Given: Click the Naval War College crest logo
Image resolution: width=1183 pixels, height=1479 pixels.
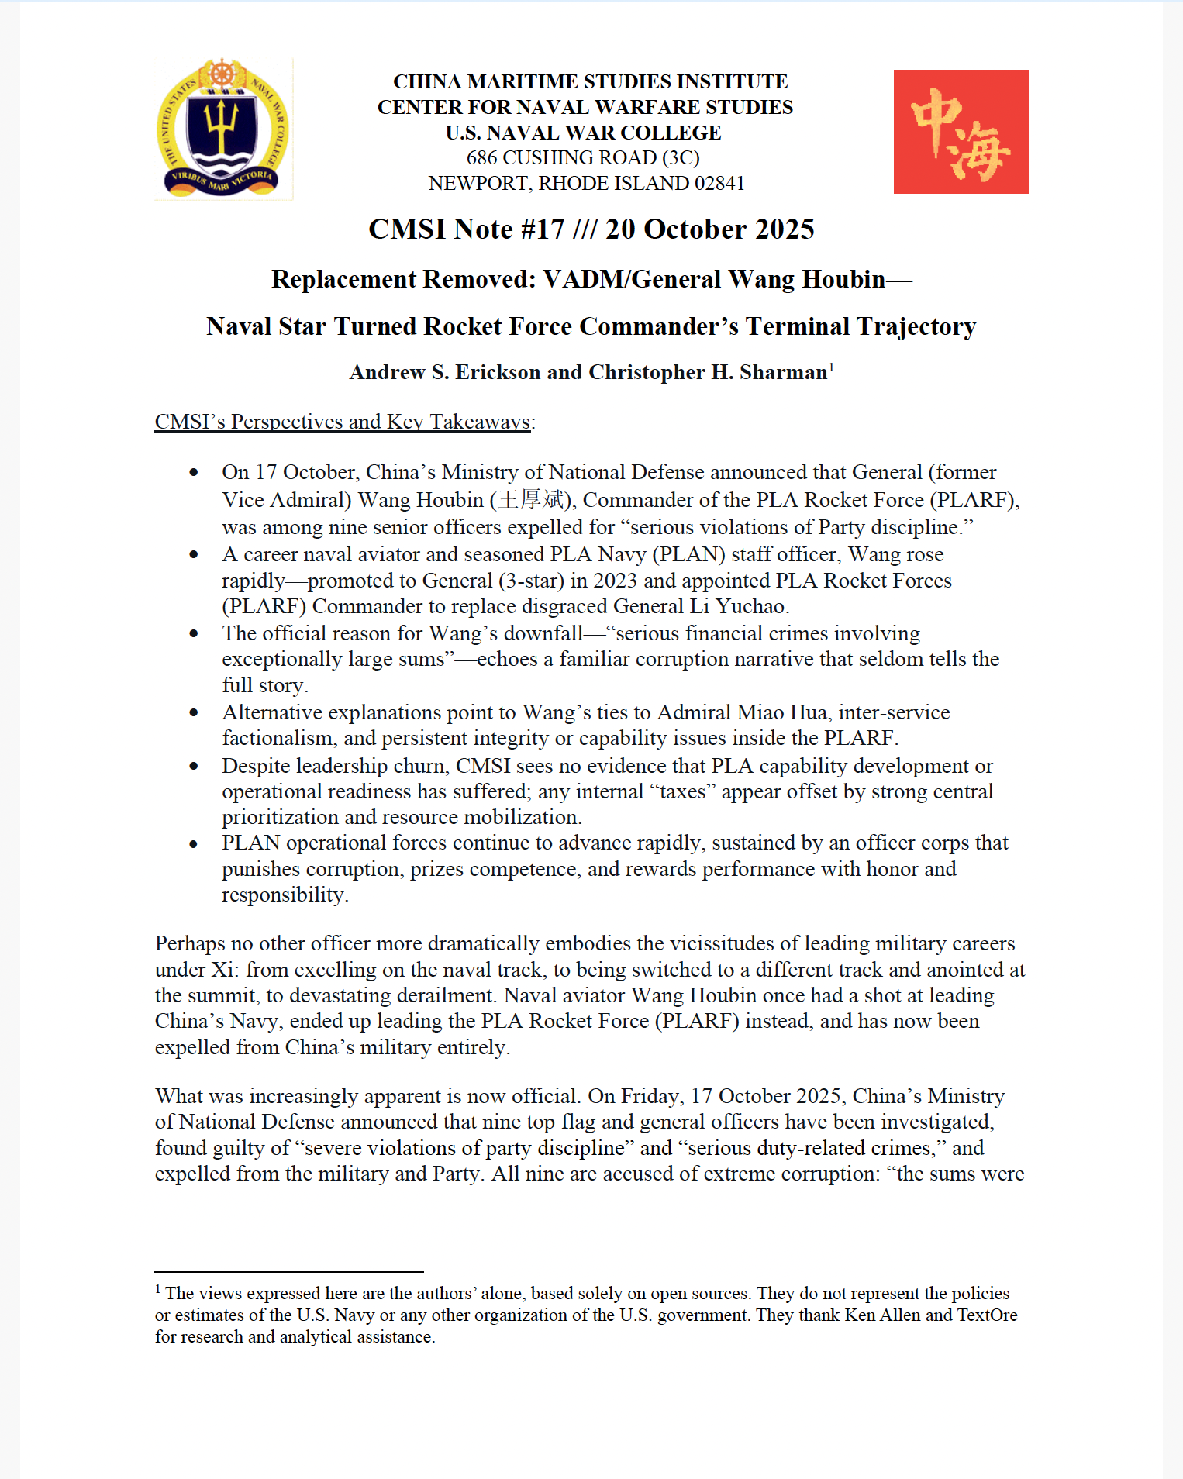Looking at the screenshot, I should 223,129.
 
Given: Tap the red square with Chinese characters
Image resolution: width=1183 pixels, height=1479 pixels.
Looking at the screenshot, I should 961,132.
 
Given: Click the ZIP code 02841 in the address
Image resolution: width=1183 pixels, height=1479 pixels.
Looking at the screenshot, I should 719,184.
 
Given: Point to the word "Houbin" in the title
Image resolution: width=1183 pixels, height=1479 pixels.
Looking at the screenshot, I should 843,279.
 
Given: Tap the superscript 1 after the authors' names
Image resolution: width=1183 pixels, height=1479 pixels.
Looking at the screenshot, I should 832,367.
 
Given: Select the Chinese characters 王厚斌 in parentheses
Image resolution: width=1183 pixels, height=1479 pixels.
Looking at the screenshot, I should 530,500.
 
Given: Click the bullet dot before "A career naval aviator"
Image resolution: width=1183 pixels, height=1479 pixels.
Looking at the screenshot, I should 194,555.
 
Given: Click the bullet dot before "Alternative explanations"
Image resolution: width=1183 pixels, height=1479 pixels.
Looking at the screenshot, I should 194,713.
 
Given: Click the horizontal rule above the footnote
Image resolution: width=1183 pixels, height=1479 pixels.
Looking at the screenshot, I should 289,1272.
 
